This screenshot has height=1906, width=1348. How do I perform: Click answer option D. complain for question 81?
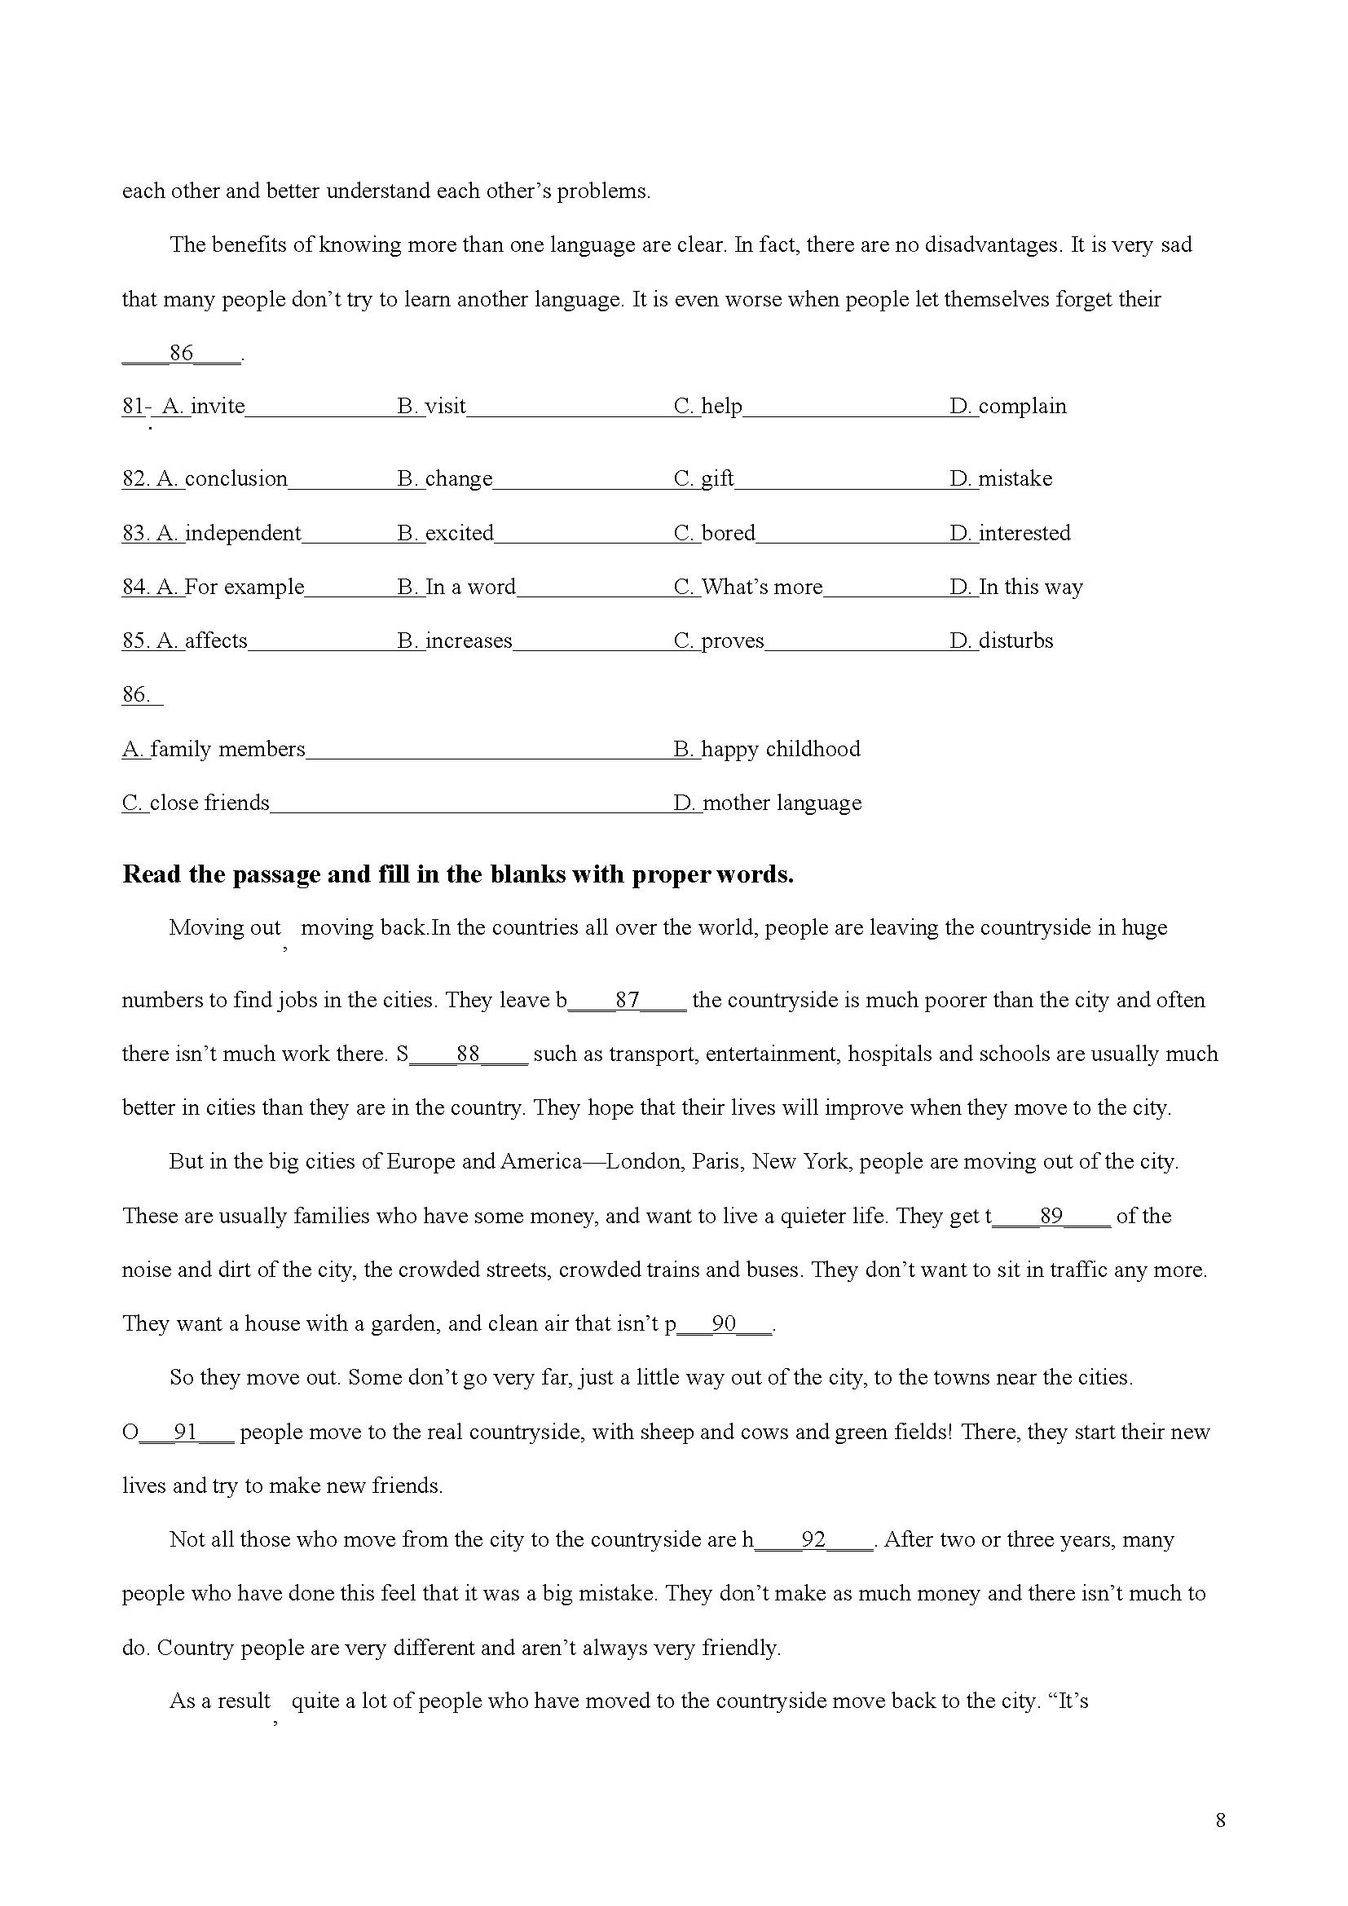point(1008,407)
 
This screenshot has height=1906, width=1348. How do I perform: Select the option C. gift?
point(704,479)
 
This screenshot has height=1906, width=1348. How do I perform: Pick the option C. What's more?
point(749,588)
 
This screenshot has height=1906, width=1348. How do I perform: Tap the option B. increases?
point(455,640)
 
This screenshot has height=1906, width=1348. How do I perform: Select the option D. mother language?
point(768,803)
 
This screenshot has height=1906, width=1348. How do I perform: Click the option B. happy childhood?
point(767,750)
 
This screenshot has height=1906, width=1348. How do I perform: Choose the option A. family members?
point(214,750)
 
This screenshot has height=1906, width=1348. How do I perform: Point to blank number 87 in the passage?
point(628,1001)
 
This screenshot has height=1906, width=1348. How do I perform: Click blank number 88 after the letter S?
point(469,1054)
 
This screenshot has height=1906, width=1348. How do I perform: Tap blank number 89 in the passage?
point(1051,1216)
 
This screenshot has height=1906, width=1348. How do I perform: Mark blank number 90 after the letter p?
point(725,1324)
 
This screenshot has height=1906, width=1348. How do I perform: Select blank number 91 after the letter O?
point(186,1432)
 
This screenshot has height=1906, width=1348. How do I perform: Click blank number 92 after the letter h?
point(813,1540)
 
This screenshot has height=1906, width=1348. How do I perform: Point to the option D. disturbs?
point(1002,640)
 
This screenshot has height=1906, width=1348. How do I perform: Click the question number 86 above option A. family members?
point(136,695)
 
